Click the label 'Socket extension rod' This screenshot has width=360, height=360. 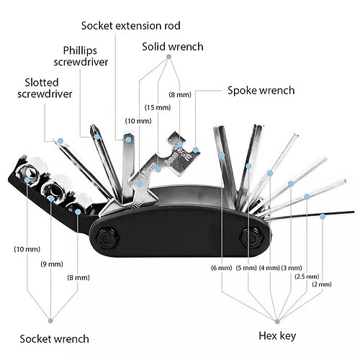pyautogui.click(x=131, y=26)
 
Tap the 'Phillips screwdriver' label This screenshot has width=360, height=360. pyautogui.click(x=81, y=56)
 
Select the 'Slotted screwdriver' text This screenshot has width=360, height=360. pyautogui.click(x=45, y=88)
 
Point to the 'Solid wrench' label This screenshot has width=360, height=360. pyautogui.click(x=173, y=47)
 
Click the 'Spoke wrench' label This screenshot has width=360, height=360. pyautogui.click(x=261, y=91)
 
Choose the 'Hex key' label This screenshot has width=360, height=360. pyautogui.click(x=277, y=336)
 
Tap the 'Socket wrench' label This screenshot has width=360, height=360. pyautogui.click(x=54, y=339)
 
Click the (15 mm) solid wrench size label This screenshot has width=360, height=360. pyautogui.click(x=158, y=107)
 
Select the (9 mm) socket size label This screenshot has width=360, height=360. pyautogui.click(x=52, y=264)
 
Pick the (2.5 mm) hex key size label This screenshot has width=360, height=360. pyautogui.click(x=307, y=276)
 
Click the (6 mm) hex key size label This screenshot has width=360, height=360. pyautogui.click(x=222, y=268)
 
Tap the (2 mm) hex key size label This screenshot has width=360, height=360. pyautogui.click(x=322, y=284)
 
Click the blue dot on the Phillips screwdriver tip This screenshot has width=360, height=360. pyautogui.click(x=97, y=137)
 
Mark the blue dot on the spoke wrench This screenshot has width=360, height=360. pyautogui.click(x=196, y=150)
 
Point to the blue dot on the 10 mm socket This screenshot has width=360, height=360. pyautogui.click(x=27, y=180)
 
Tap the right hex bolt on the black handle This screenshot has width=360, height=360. pyautogui.click(x=252, y=238)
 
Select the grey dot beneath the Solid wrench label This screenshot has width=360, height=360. pyautogui.click(x=168, y=57)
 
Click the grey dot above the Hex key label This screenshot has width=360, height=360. pyautogui.click(x=277, y=321)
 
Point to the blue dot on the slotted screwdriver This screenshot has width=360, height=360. pyautogui.click(x=60, y=140)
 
